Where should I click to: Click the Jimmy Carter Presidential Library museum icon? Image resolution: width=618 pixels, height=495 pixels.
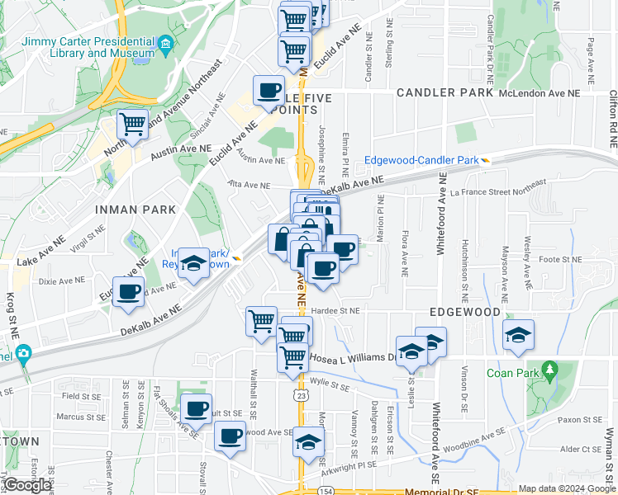[x=165, y=45]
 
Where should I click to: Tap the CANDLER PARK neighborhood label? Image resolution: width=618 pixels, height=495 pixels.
[x=445, y=93]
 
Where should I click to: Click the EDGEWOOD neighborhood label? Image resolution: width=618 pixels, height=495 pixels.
[x=465, y=313]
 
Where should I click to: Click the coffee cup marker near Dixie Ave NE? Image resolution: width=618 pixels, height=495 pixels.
[x=129, y=292]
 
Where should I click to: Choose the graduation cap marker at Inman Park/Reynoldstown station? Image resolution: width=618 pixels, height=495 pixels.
[x=194, y=263]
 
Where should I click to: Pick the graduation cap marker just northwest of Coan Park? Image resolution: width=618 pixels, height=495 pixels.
[x=518, y=335]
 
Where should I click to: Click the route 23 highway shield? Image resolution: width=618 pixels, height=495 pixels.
[x=302, y=396]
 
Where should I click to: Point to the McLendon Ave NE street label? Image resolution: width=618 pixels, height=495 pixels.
[x=540, y=94]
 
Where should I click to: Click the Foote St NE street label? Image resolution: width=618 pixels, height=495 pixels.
[x=560, y=259]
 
